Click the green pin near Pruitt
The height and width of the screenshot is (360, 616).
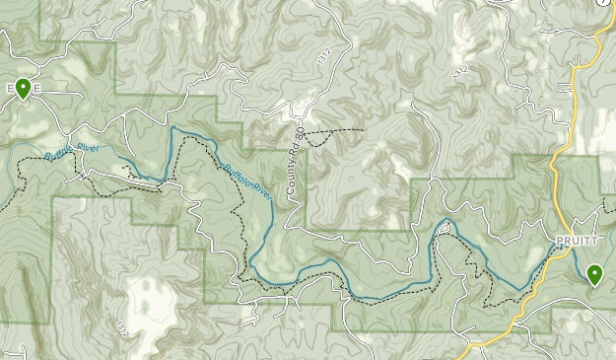(593, 274)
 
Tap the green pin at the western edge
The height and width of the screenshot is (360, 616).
(23, 89)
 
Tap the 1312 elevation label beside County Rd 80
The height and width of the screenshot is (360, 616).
(324, 58)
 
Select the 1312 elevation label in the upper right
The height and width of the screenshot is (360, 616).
(457, 72)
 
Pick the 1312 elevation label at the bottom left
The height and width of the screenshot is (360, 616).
(121, 326)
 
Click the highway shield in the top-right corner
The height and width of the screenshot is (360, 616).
(603, 3)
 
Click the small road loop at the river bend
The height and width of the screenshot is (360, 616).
(443, 230)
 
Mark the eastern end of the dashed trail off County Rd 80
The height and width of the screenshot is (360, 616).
(363, 130)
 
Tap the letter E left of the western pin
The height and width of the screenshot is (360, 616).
(8, 89)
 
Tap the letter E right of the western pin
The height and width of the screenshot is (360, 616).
(36, 89)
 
